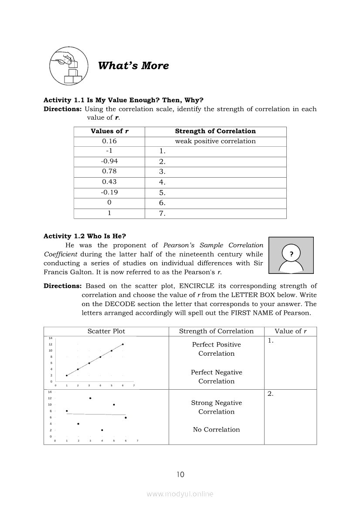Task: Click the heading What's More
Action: (133, 66)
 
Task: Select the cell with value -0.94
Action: (109, 161)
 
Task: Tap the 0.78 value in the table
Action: (109, 171)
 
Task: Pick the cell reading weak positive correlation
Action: (215, 141)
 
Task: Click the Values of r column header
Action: (109, 131)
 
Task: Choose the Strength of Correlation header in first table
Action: (215, 131)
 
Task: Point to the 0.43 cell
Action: (109, 182)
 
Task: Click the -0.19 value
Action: (109, 192)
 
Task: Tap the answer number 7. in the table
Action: (163, 213)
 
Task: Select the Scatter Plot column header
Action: (106, 331)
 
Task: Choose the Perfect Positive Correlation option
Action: (216, 349)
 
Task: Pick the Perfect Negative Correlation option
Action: (216, 377)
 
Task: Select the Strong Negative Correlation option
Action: (216, 407)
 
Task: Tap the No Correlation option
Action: (216, 429)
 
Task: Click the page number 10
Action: (180, 475)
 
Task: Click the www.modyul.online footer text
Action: (180, 494)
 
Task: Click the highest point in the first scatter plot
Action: (122, 344)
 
